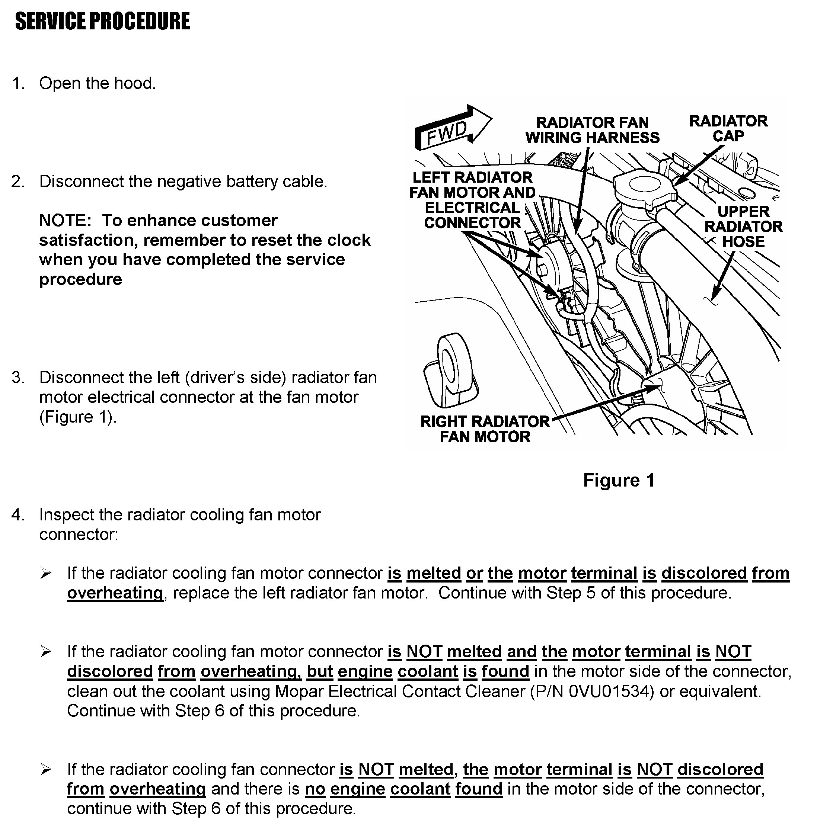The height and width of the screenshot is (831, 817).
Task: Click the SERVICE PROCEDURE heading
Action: (102, 22)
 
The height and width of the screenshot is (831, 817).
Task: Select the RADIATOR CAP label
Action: (728, 129)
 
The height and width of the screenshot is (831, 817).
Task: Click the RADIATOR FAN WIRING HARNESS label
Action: (592, 130)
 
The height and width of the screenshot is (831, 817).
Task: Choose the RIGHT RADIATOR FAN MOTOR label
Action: (485, 429)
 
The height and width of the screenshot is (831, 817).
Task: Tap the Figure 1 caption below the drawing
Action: (619, 480)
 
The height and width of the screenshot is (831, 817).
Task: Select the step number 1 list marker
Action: (17, 83)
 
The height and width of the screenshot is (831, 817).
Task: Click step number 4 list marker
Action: (17, 514)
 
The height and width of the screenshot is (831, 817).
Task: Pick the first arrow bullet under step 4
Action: (45, 573)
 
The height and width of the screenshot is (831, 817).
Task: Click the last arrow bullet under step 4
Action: (45, 770)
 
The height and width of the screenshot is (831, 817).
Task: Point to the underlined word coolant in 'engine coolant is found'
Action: (428, 671)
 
